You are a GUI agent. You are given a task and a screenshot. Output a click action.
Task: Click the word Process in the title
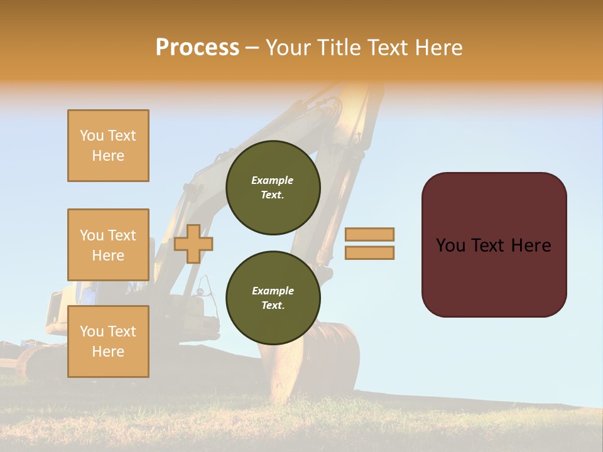tap(197, 48)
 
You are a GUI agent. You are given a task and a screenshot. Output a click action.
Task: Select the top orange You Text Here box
tap(108, 146)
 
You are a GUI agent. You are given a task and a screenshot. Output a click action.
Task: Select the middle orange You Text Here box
tap(108, 245)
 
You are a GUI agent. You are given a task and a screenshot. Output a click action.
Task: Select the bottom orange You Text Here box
tap(108, 342)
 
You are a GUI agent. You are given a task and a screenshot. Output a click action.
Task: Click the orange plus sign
tap(193, 244)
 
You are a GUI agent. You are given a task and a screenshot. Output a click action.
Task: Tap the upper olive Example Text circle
tap(273, 188)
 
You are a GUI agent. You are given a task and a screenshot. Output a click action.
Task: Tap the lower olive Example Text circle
tap(273, 298)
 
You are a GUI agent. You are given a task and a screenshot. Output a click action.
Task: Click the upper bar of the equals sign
tap(370, 235)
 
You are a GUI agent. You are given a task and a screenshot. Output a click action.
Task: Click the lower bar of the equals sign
tap(370, 253)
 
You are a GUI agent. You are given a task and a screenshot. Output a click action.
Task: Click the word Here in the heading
tap(438, 48)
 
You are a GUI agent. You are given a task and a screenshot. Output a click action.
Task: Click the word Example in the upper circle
tap(272, 180)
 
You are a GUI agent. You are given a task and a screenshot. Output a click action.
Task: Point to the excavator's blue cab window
tap(89, 293)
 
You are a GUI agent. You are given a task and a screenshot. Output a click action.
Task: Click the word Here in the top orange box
tap(108, 156)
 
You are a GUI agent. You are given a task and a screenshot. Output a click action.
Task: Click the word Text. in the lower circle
tap(273, 306)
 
